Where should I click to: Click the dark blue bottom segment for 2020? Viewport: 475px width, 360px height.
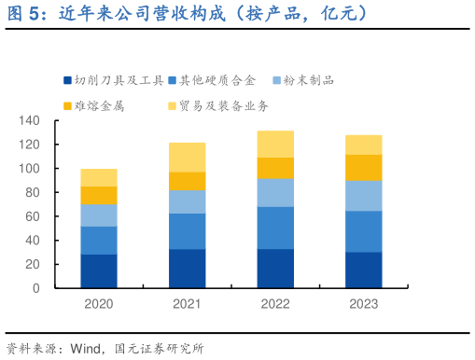99,270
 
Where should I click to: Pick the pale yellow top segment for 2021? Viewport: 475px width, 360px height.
188,158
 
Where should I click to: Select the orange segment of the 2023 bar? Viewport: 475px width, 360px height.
364,167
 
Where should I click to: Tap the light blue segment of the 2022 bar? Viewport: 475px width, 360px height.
275,192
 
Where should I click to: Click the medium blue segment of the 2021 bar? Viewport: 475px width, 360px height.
188,231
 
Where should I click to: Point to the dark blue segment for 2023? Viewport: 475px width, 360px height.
364,270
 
